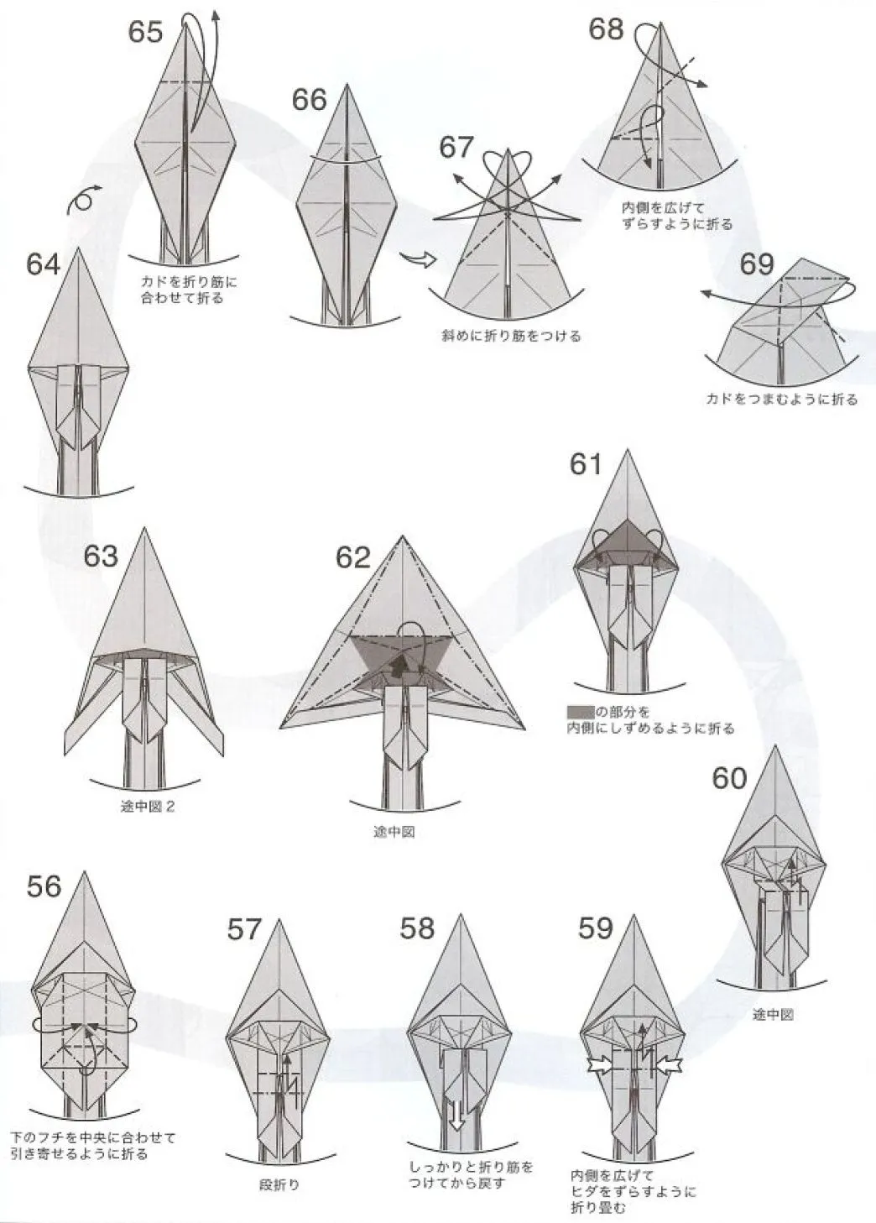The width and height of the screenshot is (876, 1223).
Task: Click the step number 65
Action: click(146, 32)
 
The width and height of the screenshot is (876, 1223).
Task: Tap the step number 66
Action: click(310, 100)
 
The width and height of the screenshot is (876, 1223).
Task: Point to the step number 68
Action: click(606, 29)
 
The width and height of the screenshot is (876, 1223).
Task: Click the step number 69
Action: click(757, 264)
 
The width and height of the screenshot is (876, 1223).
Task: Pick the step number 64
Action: click(44, 266)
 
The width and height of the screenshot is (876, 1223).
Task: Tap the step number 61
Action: click(586, 465)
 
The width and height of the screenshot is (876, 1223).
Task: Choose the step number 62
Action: click(353, 558)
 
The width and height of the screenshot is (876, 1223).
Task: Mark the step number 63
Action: click(101, 557)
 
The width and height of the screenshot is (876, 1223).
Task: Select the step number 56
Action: click(44, 886)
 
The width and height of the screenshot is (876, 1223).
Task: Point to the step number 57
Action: click(244, 930)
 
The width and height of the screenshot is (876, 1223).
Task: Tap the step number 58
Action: click(417, 928)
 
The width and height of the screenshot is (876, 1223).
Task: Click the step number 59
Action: click(596, 928)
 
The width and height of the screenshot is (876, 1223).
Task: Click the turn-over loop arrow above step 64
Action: click(84, 201)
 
